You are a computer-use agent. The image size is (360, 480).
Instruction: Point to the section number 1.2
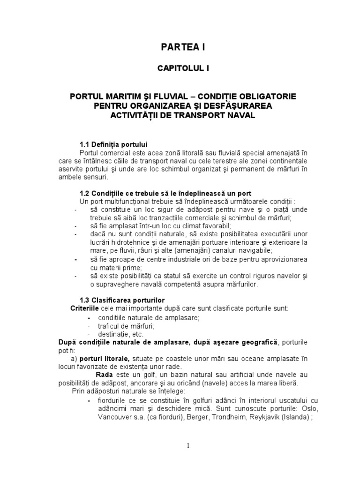click(x=85, y=193)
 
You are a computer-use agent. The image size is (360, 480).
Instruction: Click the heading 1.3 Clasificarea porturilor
click(x=122, y=300)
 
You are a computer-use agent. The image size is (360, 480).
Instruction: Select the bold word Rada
click(x=104, y=375)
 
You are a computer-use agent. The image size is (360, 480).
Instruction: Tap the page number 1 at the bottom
click(x=187, y=446)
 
